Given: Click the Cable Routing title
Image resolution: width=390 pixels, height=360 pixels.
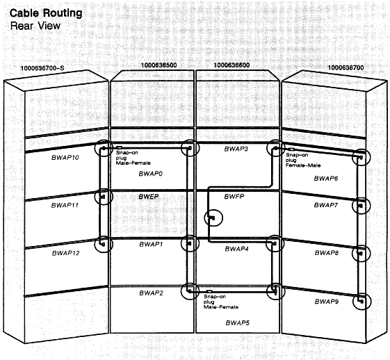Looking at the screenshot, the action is pyautogui.click(x=46, y=13).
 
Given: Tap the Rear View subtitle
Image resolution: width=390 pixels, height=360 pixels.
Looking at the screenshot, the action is pyautogui.click(x=35, y=26).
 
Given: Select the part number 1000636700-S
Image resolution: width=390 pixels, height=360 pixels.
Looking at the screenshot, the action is pyautogui.click(x=42, y=68).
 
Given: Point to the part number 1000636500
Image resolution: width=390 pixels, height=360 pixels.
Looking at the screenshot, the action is pyautogui.click(x=159, y=65).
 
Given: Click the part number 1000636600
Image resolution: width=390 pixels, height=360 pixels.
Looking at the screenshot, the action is pyautogui.click(x=231, y=65).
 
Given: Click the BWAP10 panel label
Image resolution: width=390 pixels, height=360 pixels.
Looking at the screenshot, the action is pyautogui.click(x=65, y=158).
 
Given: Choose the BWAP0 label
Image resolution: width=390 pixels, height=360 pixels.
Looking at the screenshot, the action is pyautogui.click(x=150, y=174).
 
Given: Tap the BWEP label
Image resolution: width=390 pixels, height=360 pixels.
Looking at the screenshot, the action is pyautogui.click(x=149, y=197).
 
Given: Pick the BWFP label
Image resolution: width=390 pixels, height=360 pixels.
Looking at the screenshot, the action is pyautogui.click(x=234, y=197).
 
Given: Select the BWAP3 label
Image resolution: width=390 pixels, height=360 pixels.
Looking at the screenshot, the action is pyautogui.click(x=236, y=149).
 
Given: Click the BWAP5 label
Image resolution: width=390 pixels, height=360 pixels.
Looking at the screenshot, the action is pyautogui.click(x=237, y=323).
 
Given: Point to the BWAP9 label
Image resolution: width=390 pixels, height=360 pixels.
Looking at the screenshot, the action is pyautogui.click(x=327, y=302).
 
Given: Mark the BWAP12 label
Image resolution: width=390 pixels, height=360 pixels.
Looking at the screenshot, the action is pyautogui.click(x=65, y=253).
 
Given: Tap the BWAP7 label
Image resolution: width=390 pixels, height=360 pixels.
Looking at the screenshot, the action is pyautogui.click(x=326, y=205).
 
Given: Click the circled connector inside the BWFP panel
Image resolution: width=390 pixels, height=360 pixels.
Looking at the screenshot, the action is pyautogui.click(x=213, y=218).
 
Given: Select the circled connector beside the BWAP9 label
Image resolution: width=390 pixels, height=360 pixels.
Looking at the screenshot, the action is pyautogui.click(x=362, y=302).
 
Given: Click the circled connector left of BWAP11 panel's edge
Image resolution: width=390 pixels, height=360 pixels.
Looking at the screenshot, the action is pyautogui.click(x=104, y=197).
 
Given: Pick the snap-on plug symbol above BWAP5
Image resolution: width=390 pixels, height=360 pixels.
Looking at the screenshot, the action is pyautogui.click(x=209, y=291).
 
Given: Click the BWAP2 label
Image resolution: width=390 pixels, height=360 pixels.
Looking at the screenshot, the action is pyautogui.click(x=152, y=293).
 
